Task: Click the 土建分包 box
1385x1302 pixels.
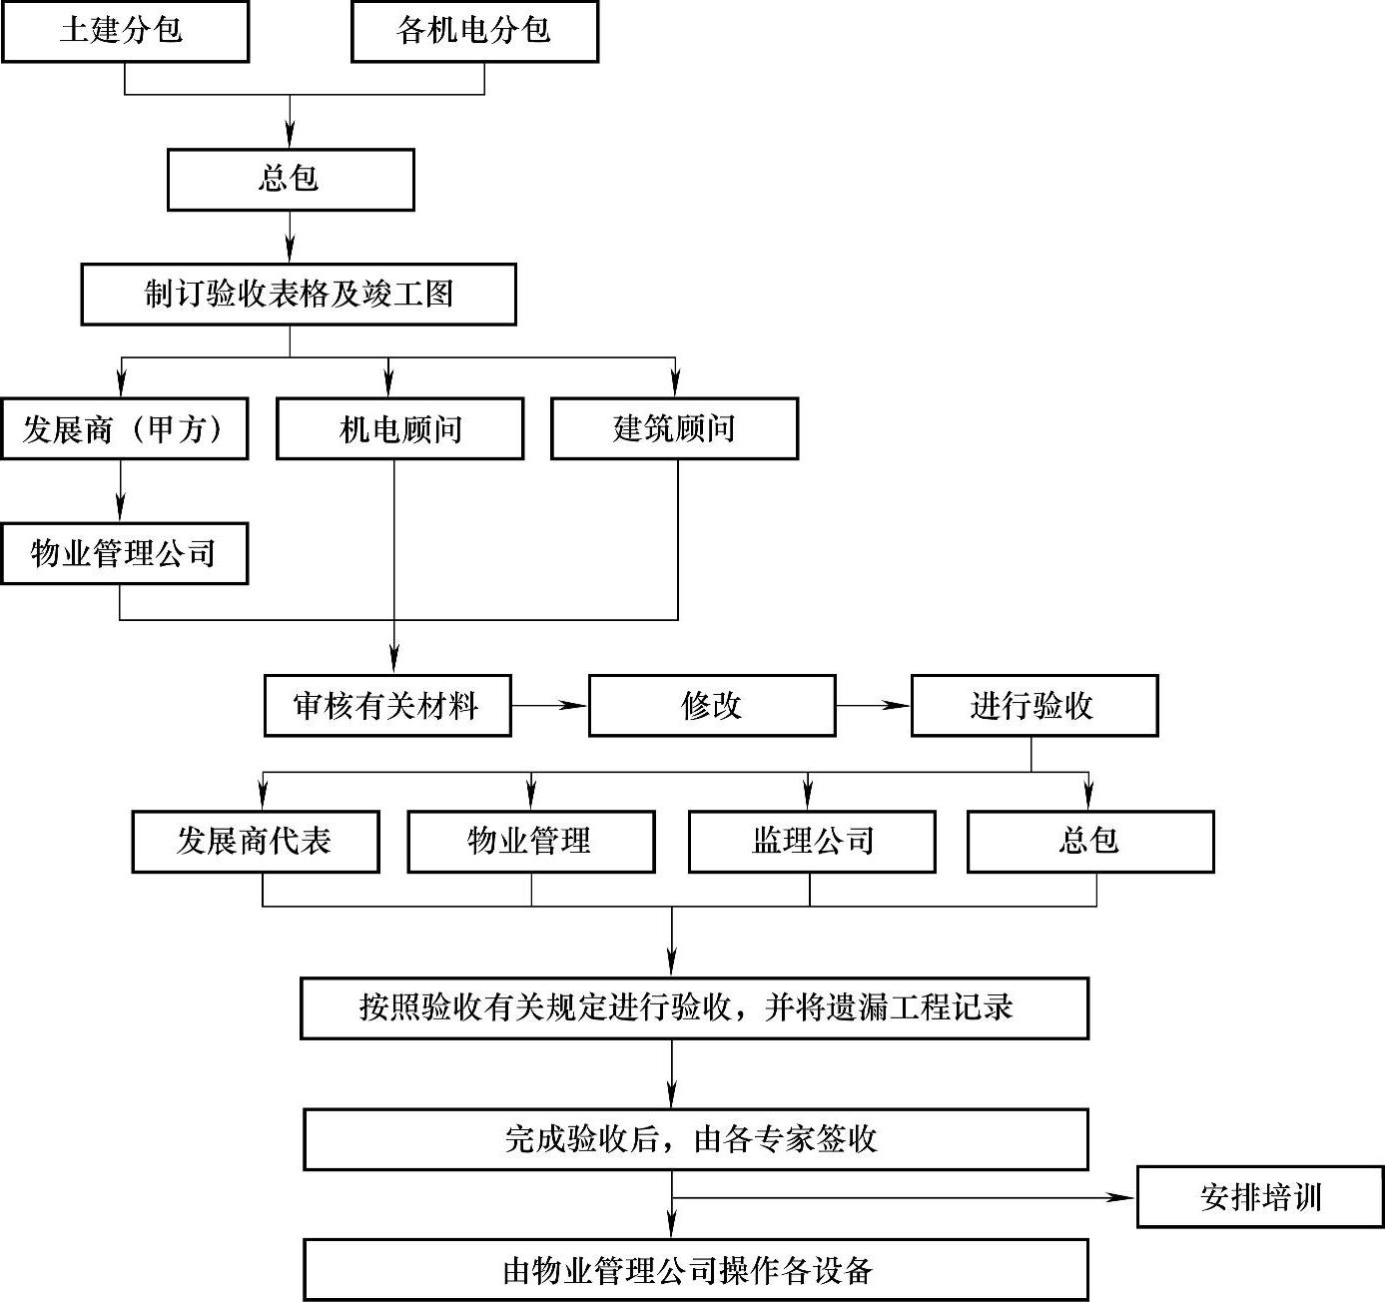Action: tap(125, 32)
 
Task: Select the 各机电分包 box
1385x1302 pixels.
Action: tap(474, 32)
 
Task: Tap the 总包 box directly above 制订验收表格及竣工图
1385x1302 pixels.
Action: tap(291, 180)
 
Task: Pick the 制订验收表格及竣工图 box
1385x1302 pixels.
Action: tap(299, 295)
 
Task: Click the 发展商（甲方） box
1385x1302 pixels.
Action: tap(125, 429)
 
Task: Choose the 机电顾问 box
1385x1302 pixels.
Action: tap(399, 429)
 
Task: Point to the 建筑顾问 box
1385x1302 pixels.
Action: tap(674, 429)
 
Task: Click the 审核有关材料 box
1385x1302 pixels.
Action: tap(387, 706)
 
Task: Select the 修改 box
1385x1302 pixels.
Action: tap(712, 706)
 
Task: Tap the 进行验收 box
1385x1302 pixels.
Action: tap(1035, 706)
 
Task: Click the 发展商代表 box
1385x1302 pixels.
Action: tap(256, 841)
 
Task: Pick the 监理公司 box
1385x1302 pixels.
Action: tap(812, 841)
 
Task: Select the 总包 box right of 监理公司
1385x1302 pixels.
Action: tap(1090, 841)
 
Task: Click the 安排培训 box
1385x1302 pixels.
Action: tap(1260, 1197)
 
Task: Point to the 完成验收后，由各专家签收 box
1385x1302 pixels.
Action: tap(695, 1139)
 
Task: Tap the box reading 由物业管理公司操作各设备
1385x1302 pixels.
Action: tap(695, 1270)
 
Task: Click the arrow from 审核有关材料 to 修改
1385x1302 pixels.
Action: tap(549, 706)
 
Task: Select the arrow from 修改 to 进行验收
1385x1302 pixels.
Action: tap(873, 706)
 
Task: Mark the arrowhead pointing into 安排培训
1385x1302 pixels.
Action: tap(1126, 1197)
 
